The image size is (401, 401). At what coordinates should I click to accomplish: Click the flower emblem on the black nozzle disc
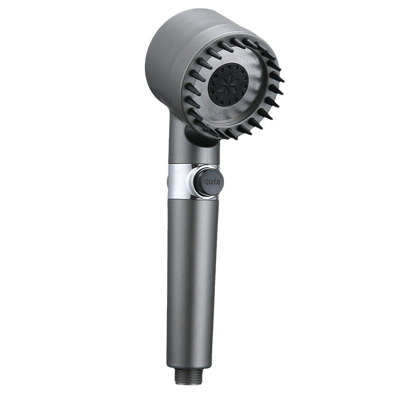[228, 84]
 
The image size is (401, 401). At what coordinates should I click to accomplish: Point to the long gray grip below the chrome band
[192, 276]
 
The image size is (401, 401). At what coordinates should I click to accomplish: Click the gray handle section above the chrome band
[193, 153]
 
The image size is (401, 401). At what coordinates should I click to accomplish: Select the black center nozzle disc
[228, 84]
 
